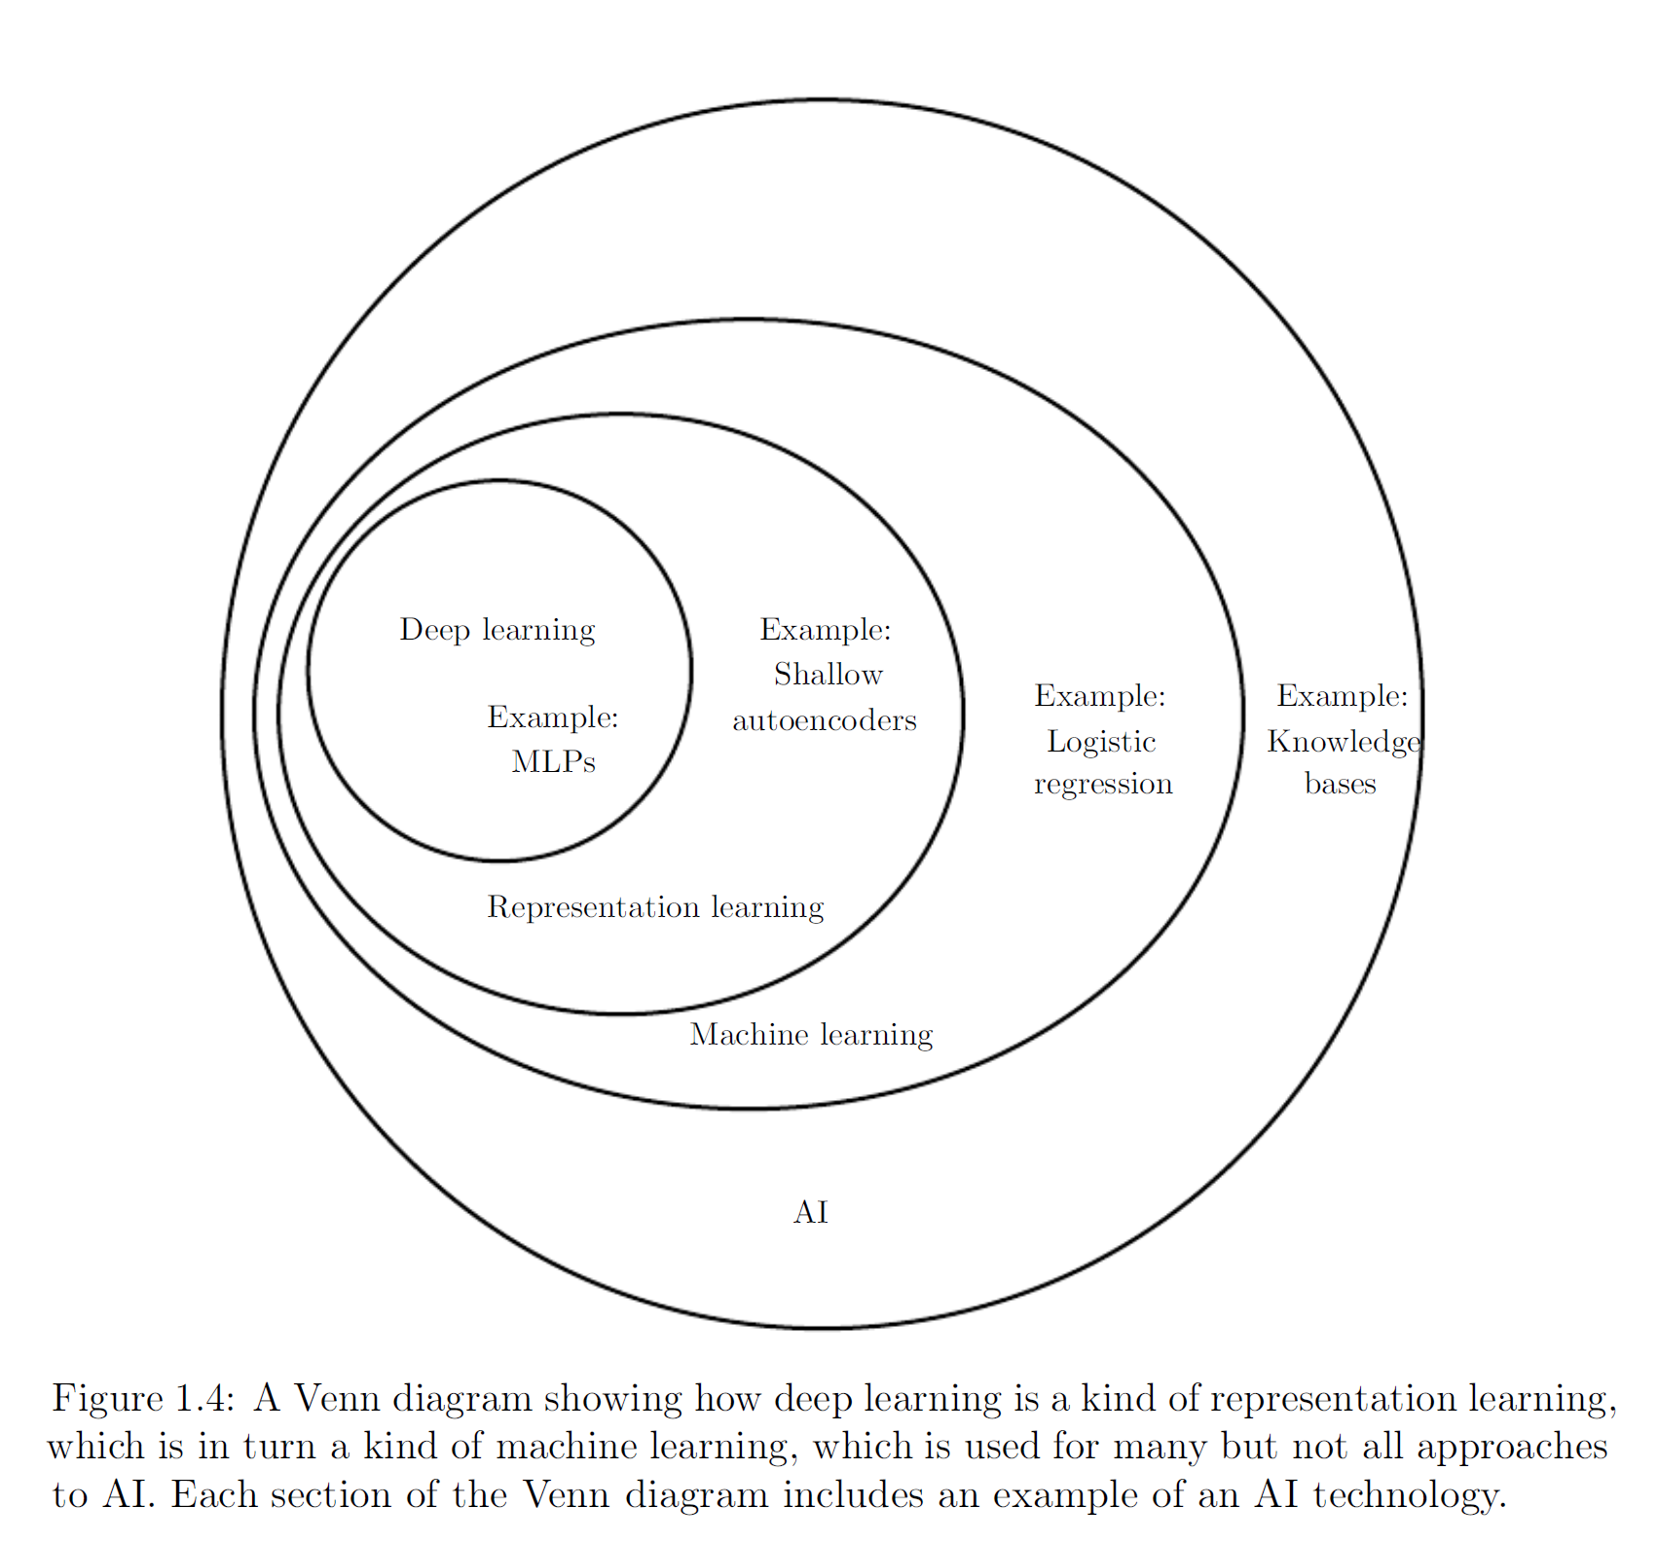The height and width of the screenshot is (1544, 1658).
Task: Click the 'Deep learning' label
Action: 497,631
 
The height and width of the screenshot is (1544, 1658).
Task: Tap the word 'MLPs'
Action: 553,761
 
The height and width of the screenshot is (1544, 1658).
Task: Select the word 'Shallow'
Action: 828,675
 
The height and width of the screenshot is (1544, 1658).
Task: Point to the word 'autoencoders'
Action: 824,720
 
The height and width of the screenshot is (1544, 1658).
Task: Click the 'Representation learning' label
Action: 655,907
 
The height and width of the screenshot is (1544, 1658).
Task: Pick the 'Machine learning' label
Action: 811,1035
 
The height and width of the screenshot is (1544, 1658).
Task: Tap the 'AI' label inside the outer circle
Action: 810,1212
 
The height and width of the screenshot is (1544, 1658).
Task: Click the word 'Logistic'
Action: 1101,742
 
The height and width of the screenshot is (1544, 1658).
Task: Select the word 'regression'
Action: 1103,785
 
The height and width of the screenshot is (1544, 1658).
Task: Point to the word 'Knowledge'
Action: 1343,742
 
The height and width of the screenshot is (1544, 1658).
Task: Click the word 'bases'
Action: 1340,784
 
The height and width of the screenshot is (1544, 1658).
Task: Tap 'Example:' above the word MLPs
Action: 552,717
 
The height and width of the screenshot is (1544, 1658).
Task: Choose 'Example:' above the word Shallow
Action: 825,630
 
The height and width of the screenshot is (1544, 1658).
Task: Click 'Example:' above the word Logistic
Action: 1099,696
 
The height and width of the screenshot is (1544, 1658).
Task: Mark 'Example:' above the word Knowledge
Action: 1342,696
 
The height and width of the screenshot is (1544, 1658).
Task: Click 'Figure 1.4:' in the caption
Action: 143,1399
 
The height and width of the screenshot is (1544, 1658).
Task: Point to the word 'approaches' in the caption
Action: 1511,1447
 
